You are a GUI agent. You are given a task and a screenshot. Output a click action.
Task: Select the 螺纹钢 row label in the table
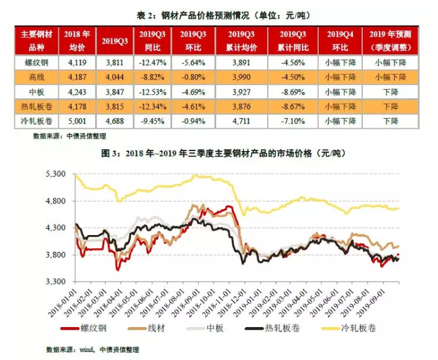[36, 63]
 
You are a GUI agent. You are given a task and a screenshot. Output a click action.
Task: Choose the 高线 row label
[36, 78]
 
